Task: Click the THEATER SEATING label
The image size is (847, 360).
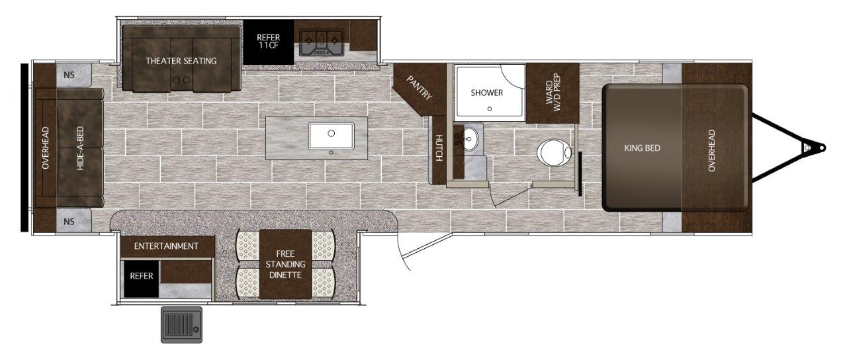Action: pyautogui.click(x=181, y=61)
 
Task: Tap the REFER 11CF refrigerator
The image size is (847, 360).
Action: pyautogui.click(x=269, y=42)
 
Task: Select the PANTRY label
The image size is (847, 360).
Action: pyautogui.click(x=419, y=88)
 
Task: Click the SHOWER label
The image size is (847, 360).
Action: pyautogui.click(x=486, y=93)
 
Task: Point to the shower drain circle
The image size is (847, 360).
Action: pyautogui.click(x=490, y=109)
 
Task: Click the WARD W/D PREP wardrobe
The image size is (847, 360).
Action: pyautogui.click(x=553, y=93)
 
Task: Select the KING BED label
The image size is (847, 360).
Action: pyautogui.click(x=642, y=148)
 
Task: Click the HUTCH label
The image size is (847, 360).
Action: pyautogui.click(x=439, y=148)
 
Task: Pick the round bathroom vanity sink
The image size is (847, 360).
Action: pyautogui.click(x=470, y=139)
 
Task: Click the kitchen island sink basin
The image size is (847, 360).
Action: pyautogui.click(x=332, y=136)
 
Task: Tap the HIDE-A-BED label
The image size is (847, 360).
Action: pyautogui.click(x=80, y=148)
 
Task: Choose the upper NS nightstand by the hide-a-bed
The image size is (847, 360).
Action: pyautogui.click(x=73, y=75)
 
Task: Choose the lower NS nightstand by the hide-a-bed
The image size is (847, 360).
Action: pyautogui.click(x=73, y=221)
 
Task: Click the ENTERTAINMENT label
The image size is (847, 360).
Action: pyautogui.click(x=166, y=246)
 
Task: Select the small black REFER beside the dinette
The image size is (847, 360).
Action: pyautogui.click(x=142, y=279)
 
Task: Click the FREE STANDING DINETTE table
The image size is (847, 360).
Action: pyautogui.click(x=285, y=264)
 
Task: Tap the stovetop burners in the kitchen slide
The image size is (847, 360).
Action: pyautogui.click(x=321, y=43)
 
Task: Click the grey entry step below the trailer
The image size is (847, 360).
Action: pyautogui.click(x=181, y=325)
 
